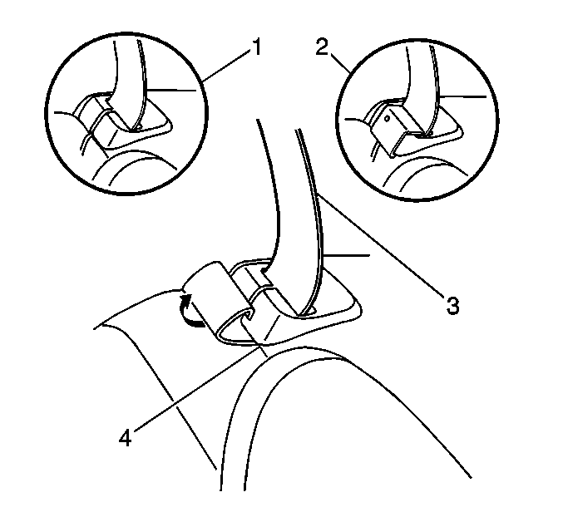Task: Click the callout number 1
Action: coord(256,47)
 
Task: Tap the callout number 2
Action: coord(322,47)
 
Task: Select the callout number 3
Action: coord(452,306)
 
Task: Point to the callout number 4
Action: coord(126,438)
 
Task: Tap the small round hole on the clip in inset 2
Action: coord(387,118)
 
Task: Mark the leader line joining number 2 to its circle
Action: coord(340,63)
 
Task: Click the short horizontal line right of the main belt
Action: coord(347,255)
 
